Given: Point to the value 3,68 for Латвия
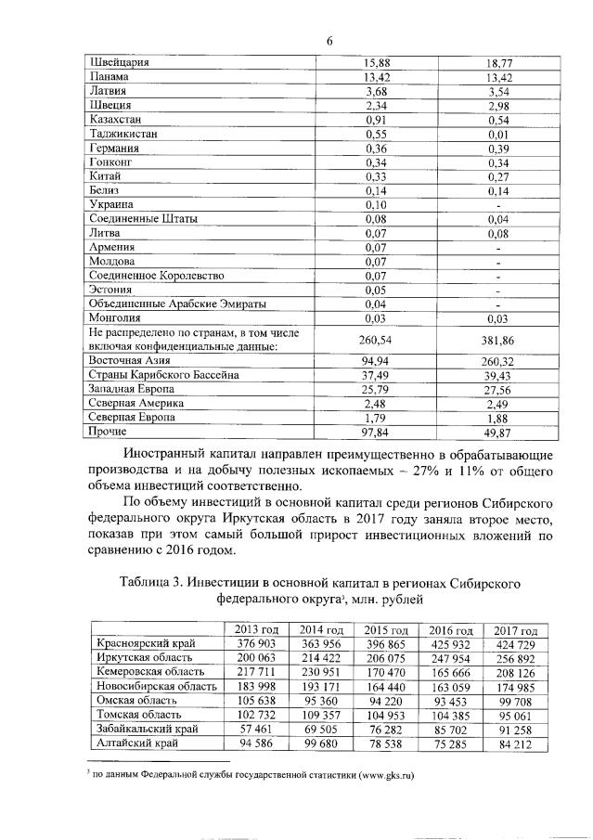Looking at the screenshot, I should click(x=375, y=91).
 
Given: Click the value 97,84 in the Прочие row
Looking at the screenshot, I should click(x=375, y=432).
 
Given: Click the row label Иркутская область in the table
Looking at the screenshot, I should click(x=142, y=658).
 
